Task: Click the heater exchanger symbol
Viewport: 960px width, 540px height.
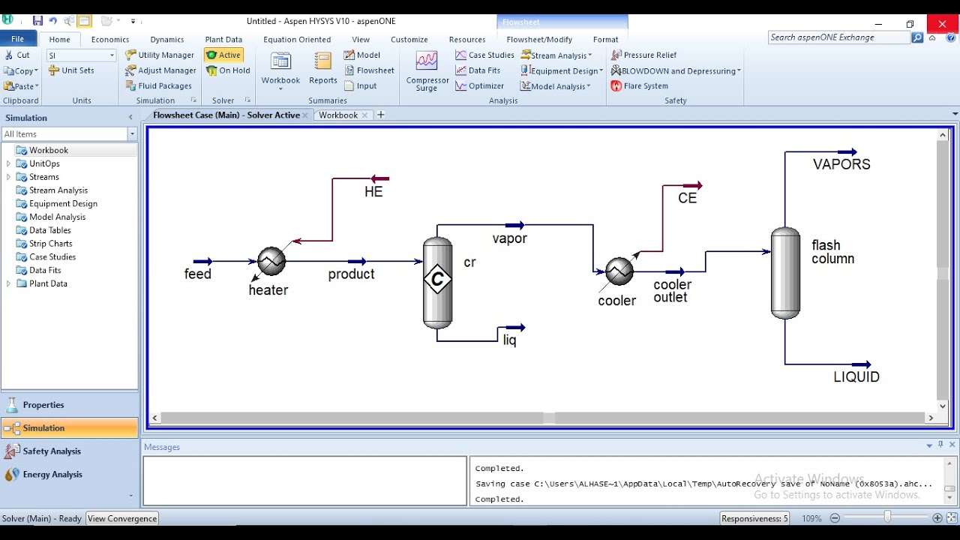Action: click(x=271, y=261)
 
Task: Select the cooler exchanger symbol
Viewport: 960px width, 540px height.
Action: click(x=619, y=271)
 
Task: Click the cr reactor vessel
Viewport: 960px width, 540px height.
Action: click(x=437, y=282)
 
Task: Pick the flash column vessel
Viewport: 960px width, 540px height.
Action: click(x=785, y=272)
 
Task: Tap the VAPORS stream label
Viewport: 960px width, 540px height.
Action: click(x=841, y=164)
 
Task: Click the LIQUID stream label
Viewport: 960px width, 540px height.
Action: click(x=856, y=377)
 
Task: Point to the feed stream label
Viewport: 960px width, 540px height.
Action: click(x=198, y=274)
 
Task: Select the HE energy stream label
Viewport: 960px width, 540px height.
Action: click(x=373, y=192)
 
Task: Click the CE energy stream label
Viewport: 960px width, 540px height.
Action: click(x=687, y=199)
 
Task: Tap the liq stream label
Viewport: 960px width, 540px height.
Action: click(x=509, y=340)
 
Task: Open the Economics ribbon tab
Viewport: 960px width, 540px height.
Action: click(x=110, y=40)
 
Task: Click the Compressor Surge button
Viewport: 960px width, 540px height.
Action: click(x=427, y=72)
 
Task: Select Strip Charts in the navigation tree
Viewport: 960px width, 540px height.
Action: click(x=51, y=244)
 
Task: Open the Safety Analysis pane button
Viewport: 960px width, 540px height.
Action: click(x=52, y=451)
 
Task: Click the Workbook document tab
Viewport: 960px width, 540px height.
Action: click(x=338, y=115)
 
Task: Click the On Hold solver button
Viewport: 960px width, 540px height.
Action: click(x=229, y=70)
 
